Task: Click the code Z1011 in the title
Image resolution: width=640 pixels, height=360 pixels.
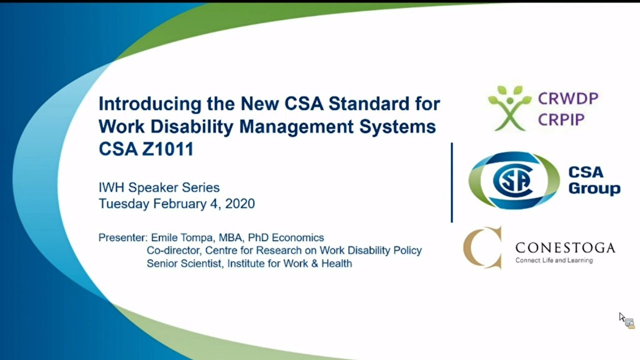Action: [167, 149]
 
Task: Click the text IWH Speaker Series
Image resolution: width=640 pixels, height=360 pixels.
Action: [159, 187]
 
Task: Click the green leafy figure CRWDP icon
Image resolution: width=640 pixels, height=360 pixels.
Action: [509, 107]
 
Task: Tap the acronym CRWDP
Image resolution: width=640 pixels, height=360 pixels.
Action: [568, 98]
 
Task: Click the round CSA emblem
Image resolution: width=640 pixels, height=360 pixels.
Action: [513, 180]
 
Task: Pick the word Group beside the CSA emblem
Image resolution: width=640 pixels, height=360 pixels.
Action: [594, 189]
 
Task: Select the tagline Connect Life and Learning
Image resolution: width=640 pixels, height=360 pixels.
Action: [554, 260]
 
